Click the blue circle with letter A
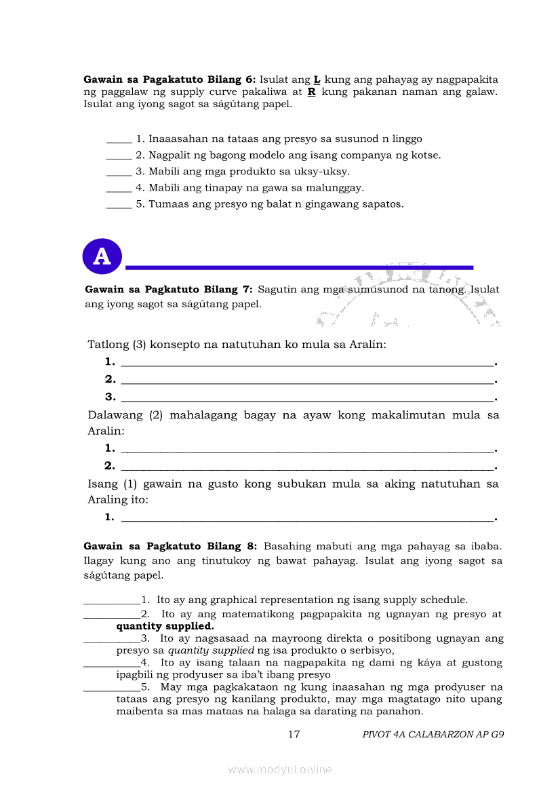pos(102,256)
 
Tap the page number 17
pos(294,734)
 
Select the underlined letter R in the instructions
pos(312,92)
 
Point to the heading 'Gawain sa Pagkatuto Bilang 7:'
pos(169,290)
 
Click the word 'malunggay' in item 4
pos(337,188)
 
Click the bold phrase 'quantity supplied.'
pos(165,626)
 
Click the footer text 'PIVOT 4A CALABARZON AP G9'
pos(433,734)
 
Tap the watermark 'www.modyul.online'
pos(280,769)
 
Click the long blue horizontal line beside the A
pos(299,267)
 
